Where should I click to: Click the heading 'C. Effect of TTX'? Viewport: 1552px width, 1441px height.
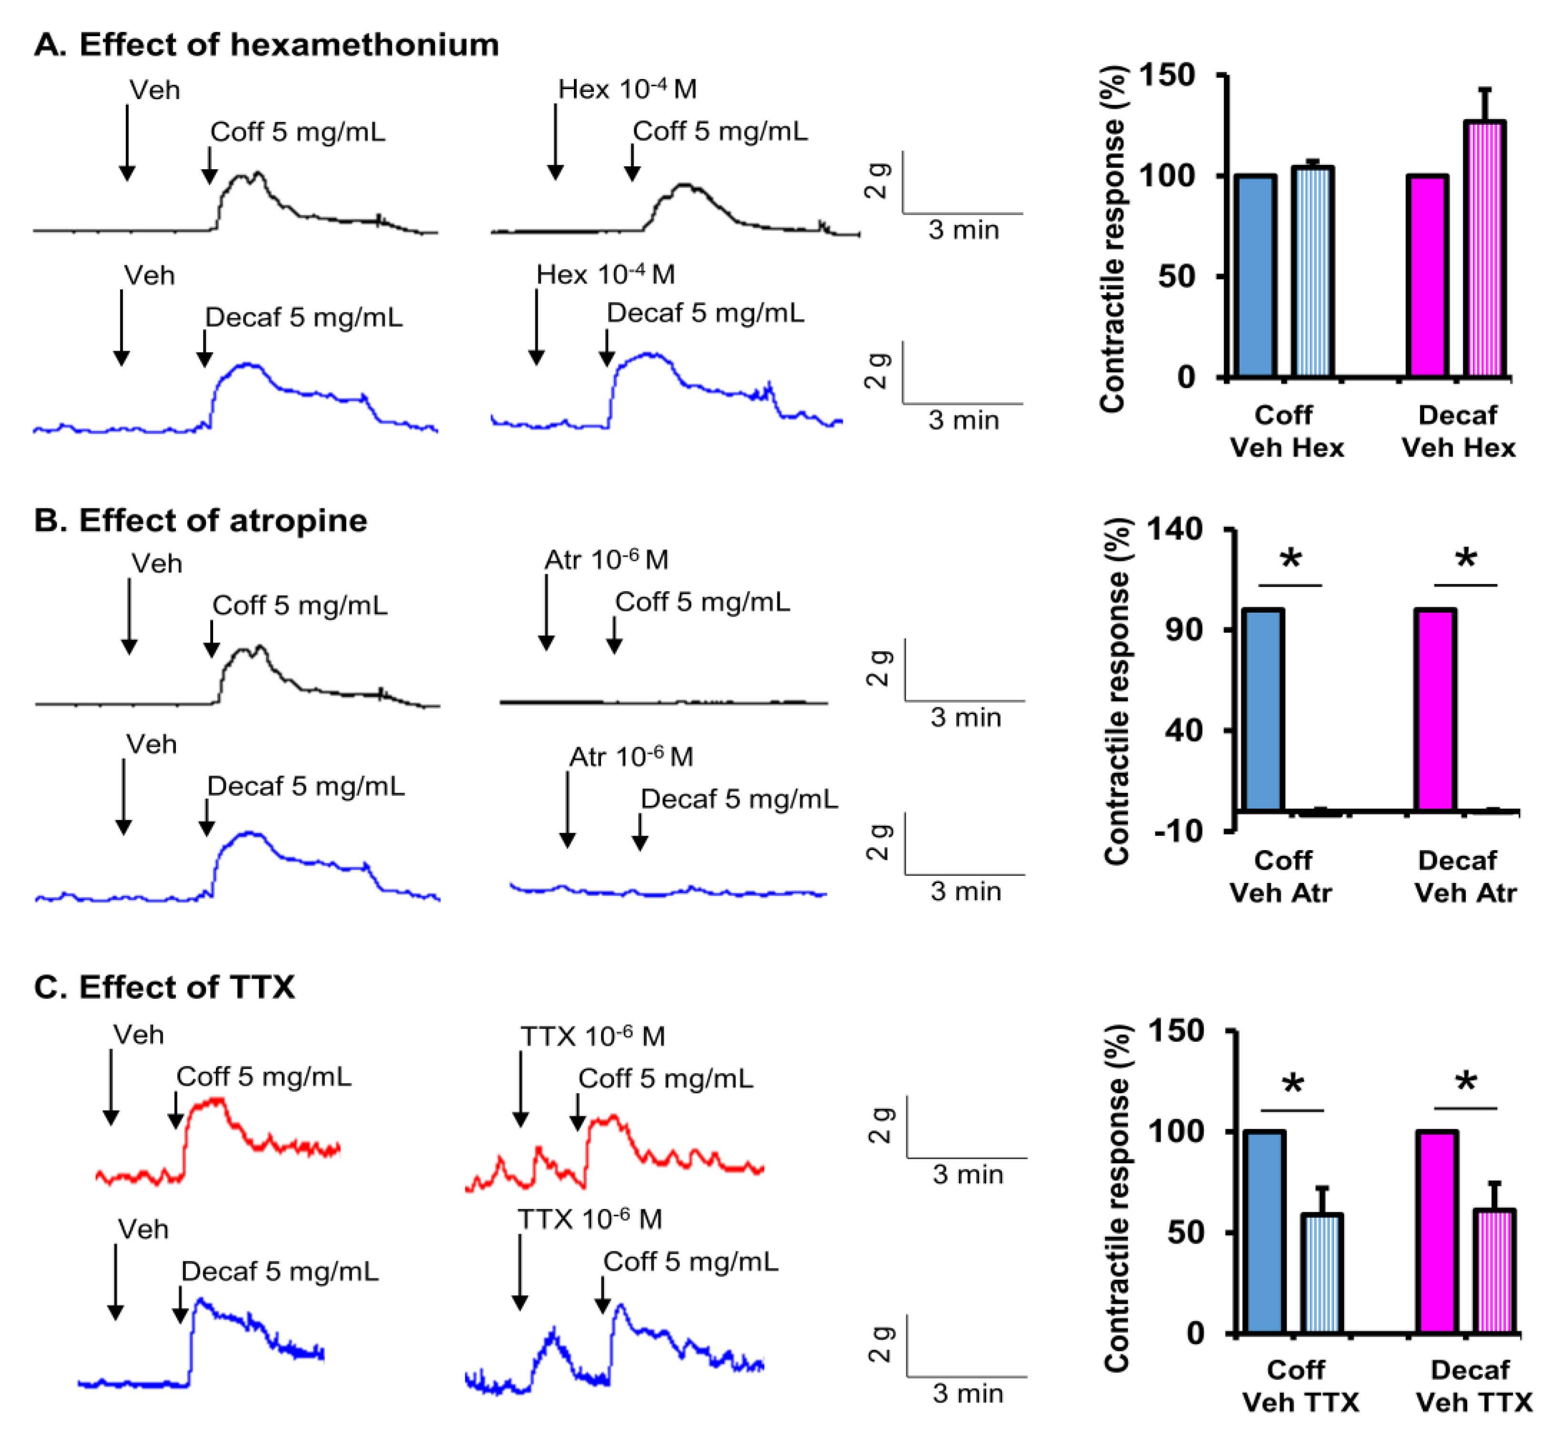click(x=164, y=987)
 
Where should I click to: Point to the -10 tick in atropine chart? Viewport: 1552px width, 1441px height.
click(x=1178, y=831)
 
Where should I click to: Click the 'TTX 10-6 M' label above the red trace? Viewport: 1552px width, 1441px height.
click(x=592, y=1036)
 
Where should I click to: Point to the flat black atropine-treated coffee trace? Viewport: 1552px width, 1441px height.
click(x=663, y=702)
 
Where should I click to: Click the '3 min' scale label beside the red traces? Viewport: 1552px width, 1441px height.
click(x=967, y=1174)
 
